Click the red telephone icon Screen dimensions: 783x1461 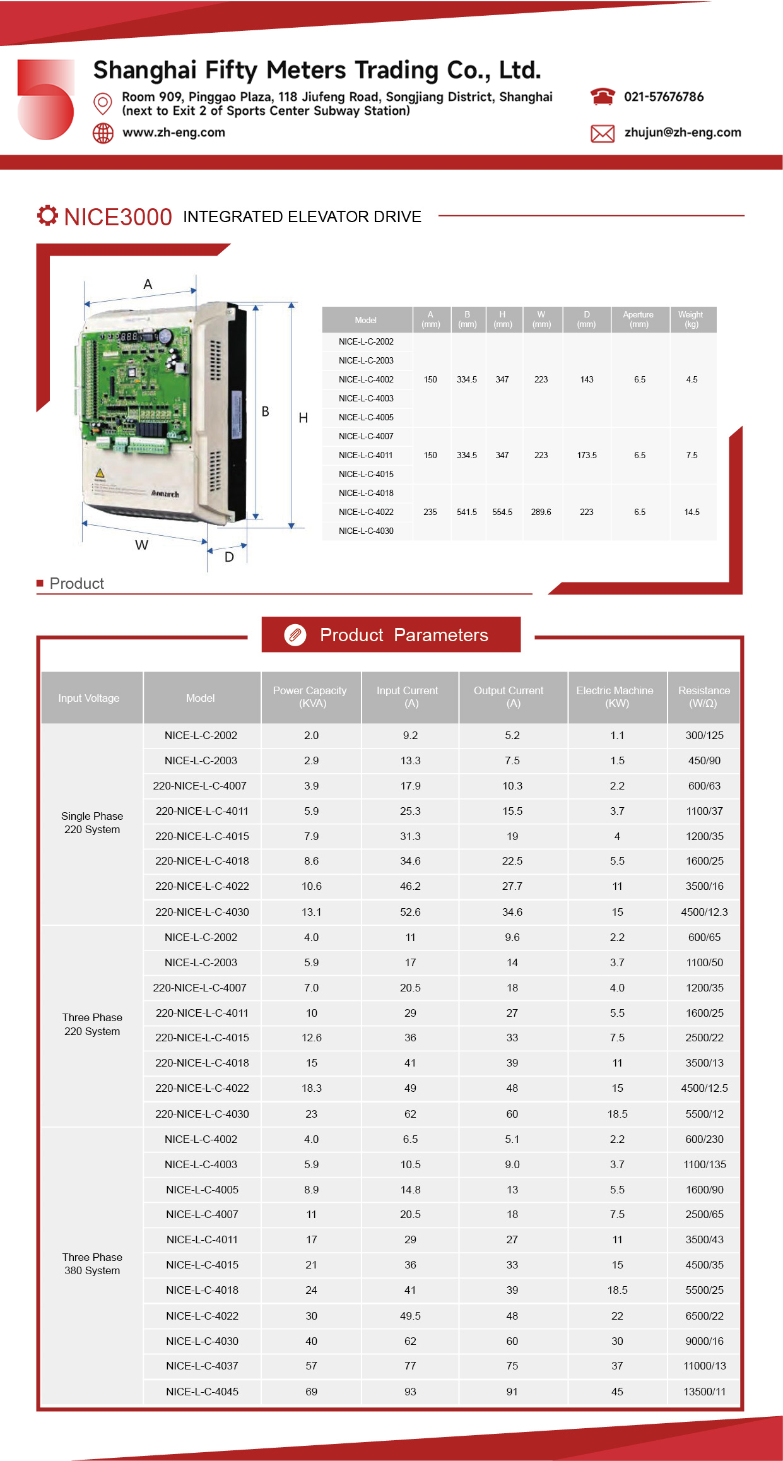coord(603,97)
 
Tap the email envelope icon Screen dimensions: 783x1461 coord(603,133)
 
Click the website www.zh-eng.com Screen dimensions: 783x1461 coord(174,133)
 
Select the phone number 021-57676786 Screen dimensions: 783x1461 coord(664,97)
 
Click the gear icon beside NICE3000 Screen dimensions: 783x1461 coord(47,216)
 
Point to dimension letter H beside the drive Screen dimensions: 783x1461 coord(303,418)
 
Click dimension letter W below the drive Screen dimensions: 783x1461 coord(142,545)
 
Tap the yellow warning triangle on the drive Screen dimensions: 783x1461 coord(99,473)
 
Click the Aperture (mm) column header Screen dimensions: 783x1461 coord(639,319)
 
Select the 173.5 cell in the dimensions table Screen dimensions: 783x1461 coord(587,455)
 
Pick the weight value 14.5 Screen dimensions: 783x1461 coord(692,512)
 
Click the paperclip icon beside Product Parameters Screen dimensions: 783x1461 coord(295,635)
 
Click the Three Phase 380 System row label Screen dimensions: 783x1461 coord(92,1263)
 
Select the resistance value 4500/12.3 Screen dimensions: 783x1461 coord(704,912)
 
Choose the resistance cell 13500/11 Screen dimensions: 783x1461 coord(705,1392)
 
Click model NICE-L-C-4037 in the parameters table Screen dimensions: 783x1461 coord(202,1366)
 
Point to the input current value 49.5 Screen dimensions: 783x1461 coord(410,1316)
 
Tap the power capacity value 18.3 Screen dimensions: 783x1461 coord(312,1088)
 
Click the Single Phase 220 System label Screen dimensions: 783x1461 coord(92,822)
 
